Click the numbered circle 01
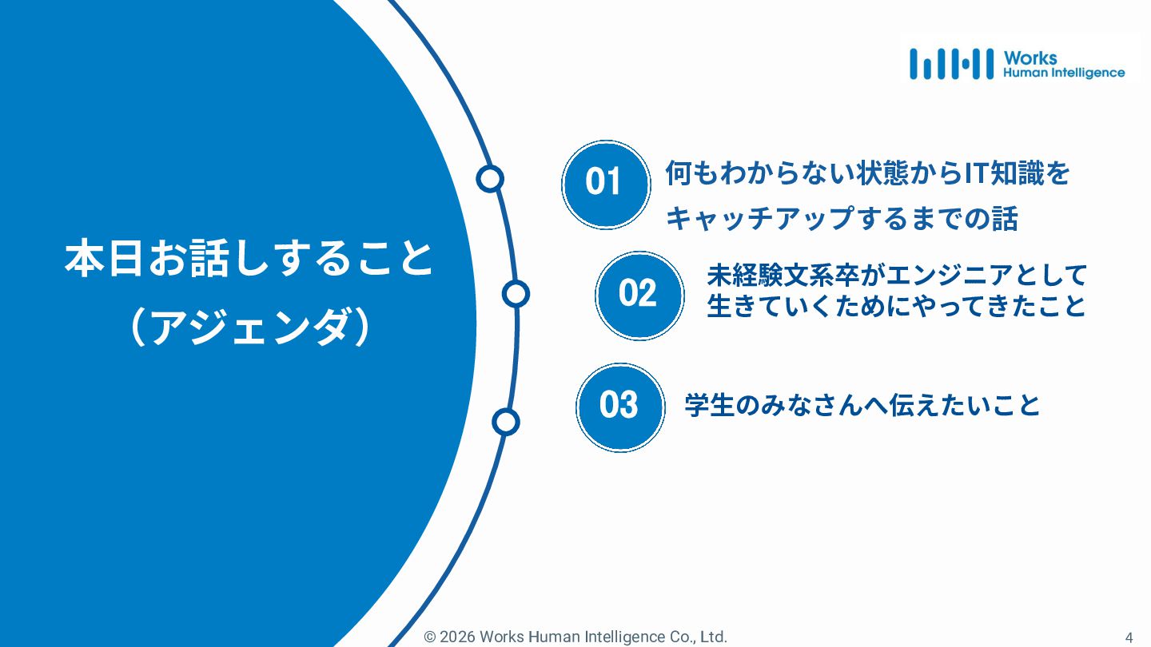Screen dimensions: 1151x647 604,184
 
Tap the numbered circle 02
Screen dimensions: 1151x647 638,295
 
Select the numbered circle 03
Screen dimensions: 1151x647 619,406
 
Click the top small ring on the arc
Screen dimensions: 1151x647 489,179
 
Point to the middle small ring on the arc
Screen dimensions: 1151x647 516,294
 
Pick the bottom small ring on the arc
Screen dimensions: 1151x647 504,421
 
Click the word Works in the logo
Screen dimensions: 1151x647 1030,58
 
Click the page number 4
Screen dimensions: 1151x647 1129,637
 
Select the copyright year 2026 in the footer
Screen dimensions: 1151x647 457,637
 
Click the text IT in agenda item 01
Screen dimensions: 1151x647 974,173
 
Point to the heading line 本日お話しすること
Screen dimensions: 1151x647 249,260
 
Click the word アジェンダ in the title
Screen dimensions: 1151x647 249,327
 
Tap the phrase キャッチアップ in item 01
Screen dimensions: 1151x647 759,219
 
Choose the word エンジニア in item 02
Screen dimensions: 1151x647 940,276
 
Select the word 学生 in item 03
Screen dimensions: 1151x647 709,406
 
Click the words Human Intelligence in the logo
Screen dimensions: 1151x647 1063,73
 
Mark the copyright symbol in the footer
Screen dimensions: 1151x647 430,637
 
